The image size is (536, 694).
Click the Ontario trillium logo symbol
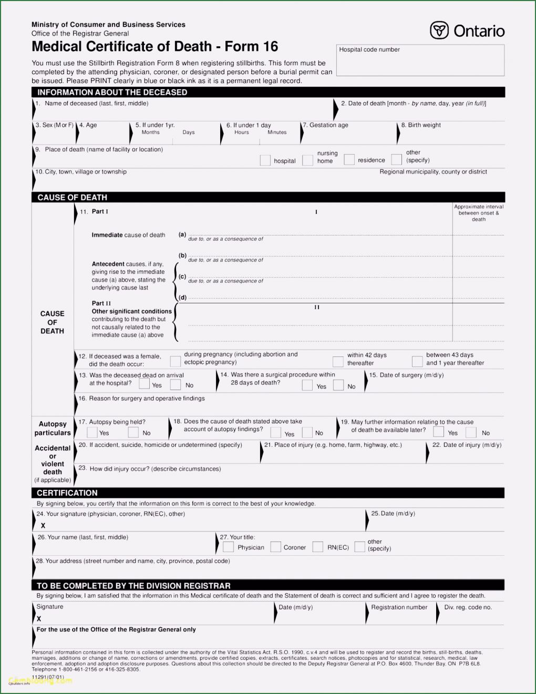[x=439, y=30]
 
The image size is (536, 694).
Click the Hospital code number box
[x=420, y=60]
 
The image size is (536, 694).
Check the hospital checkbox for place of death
[x=265, y=160]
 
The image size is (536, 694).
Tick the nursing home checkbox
[x=307, y=160]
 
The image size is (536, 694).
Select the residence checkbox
[x=349, y=160]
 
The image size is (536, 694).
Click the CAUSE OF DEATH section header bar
[x=268, y=197]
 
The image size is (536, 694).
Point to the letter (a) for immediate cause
[x=182, y=234]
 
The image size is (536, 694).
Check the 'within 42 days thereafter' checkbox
[x=337, y=362]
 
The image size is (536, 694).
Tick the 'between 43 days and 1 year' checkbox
[x=417, y=362]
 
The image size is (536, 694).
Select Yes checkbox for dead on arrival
[x=144, y=384]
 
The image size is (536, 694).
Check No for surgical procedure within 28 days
[x=338, y=385]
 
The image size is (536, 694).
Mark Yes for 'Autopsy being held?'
[x=92, y=433]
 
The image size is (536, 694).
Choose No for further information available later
[x=471, y=432]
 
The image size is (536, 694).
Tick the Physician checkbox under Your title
[x=228, y=547]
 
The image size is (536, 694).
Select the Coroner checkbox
[x=275, y=547]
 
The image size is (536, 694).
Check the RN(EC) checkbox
[x=317, y=547]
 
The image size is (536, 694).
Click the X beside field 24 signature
[x=43, y=525]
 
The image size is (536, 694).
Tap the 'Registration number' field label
[x=399, y=607]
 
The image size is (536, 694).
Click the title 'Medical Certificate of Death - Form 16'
[x=155, y=47]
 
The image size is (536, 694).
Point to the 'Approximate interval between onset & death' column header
[x=479, y=213]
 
